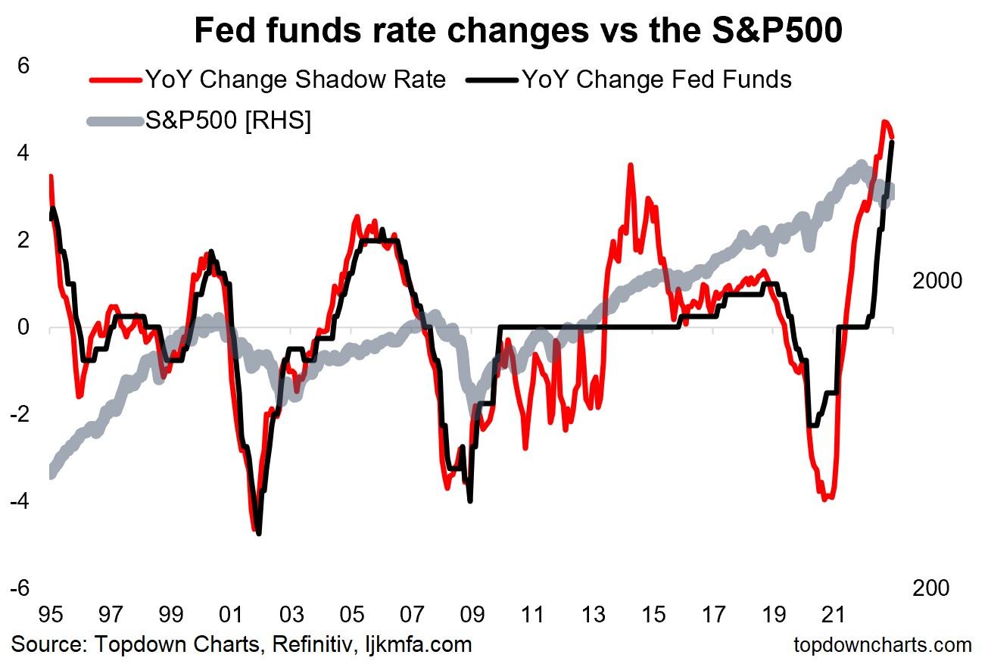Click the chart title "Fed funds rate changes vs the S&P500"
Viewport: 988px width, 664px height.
pyautogui.click(x=518, y=31)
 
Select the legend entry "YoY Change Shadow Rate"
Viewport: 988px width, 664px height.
pyautogui.click(x=295, y=79)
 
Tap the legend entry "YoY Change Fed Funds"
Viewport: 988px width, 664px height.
pyautogui.click(x=656, y=79)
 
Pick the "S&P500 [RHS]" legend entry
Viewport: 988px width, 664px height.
pyautogui.click(x=228, y=121)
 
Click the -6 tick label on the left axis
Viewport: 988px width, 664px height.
pyautogui.click(x=20, y=588)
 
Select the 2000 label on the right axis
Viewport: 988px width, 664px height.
pyautogui.click(x=937, y=280)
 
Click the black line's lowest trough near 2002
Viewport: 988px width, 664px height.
pyautogui.click(x=259, y=534)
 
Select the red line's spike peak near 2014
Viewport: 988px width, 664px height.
pyautogui.click(x=630, y=165)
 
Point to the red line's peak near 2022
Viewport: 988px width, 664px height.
pyautogui.click(x=884, y=122)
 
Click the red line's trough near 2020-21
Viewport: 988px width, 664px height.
pyautogui.click(x=824, y=500)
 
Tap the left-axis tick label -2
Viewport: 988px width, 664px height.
pyautogui.click(x=20, y=414)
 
